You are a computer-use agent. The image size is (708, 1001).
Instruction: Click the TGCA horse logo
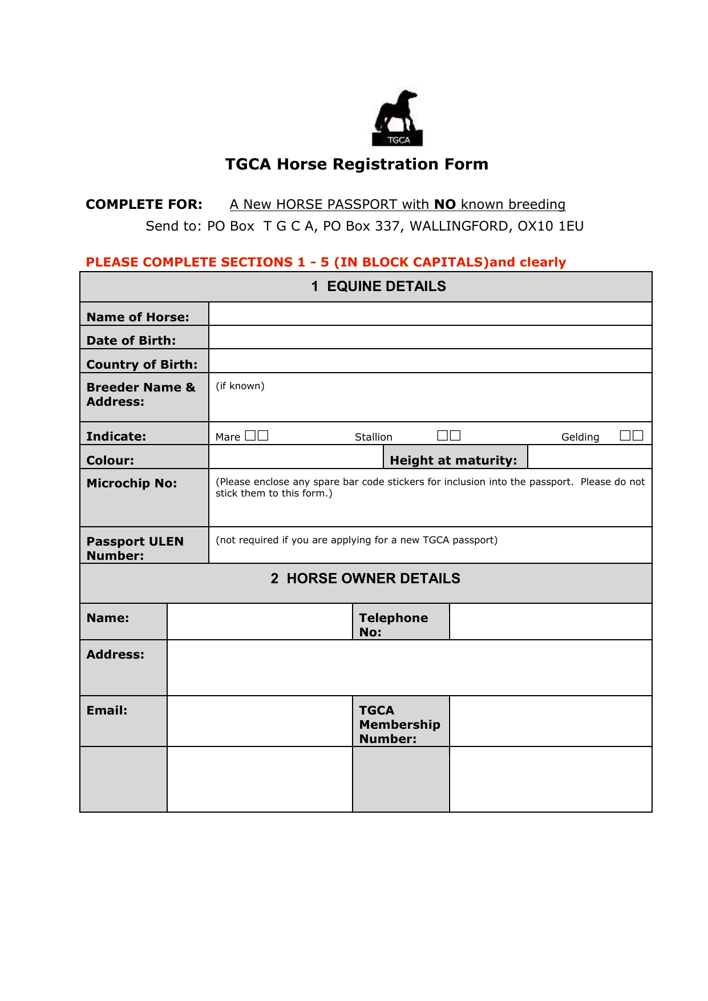tap(398, 118)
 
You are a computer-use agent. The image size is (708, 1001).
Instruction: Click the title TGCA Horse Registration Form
tap(357, 164)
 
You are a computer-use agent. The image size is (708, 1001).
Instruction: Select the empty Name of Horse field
tap(430, 314)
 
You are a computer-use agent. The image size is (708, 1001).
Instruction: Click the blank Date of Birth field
tap(430, 337)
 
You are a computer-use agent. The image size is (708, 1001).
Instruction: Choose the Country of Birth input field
tap(430, 361)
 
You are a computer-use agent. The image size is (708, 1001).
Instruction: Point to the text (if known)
tap(240, 386)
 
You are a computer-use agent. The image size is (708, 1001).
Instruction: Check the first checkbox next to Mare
tap(250, 435)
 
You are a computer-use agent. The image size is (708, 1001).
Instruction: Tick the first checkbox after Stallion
tap(443, 435)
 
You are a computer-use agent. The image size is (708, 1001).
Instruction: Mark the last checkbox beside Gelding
tap(638, 435)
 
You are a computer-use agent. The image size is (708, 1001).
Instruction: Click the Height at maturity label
tap(454, 461)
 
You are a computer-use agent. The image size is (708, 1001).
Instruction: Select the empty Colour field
tap(296, 457)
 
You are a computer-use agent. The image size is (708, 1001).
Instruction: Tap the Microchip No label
tap(132, 483)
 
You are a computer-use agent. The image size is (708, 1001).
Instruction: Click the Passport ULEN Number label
tap(135, 548)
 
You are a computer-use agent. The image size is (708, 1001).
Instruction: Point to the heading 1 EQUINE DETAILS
tap(379, 286)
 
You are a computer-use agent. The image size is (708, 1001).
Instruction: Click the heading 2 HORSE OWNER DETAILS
tap(366, 579)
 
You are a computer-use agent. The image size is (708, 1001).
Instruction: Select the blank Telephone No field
tap(551, 621)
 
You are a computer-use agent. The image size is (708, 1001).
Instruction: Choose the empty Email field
tap(260, 721)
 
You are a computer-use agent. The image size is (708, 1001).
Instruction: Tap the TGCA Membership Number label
tap(399, 725)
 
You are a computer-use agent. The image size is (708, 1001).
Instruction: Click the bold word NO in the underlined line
tap(445, 204)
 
